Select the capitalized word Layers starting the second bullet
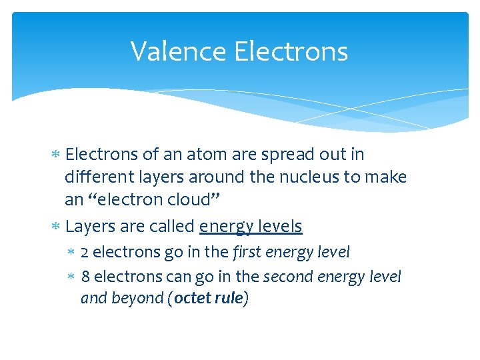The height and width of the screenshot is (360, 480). [x=91, y=227]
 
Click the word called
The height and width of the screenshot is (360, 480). [x=173, y=227]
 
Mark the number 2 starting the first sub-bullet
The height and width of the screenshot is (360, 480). [x=85, y=253]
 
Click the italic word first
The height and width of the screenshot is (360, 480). [x=246, y=252]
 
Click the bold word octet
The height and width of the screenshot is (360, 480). [x=193, y=298]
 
